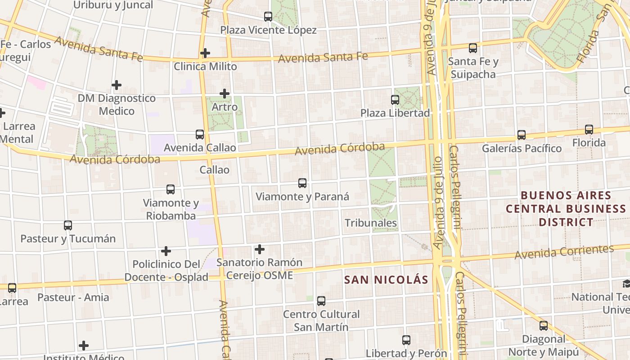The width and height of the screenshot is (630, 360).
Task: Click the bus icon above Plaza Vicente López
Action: coord(268,17)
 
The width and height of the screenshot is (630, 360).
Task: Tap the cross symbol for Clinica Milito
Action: coord(205,53)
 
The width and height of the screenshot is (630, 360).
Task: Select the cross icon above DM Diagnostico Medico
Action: coord(117,85)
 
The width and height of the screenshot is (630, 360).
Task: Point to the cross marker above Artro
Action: coord(225,94)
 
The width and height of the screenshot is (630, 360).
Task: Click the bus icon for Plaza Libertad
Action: coord(395,99)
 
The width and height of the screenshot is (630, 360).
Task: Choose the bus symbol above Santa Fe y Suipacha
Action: coord(472,48)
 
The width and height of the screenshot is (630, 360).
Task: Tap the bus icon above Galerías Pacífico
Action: coord(521,135)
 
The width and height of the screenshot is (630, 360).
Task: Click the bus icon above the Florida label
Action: coord(589,130)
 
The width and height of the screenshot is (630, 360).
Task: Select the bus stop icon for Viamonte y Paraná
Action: coord(302,183)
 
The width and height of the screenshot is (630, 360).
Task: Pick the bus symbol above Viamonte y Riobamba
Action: coord(171,189)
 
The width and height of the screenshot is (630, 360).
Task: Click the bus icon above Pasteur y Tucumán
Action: coord(68,225)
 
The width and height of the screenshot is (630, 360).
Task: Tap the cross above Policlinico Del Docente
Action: coord(166,251)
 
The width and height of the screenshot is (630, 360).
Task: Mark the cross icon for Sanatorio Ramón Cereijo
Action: coord(260,249)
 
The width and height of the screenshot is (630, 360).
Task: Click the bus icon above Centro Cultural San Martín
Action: coord(321,301)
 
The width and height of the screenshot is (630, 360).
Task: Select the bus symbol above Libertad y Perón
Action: coord(406,340)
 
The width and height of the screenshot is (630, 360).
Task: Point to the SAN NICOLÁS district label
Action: coord(386,280)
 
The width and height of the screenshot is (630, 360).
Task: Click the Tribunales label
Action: coord(371,223)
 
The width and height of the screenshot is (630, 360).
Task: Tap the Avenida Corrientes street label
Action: coord(564,252)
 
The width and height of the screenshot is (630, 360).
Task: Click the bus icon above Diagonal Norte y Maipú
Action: coord(544,325)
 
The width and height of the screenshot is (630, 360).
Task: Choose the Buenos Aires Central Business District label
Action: coord(566,209)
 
